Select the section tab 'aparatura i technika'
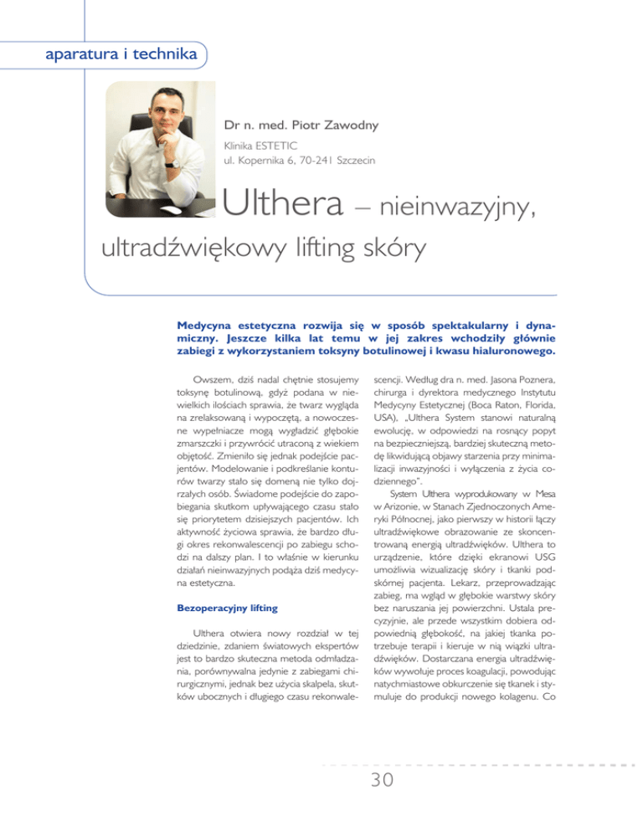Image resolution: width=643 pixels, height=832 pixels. coord(113,55)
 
